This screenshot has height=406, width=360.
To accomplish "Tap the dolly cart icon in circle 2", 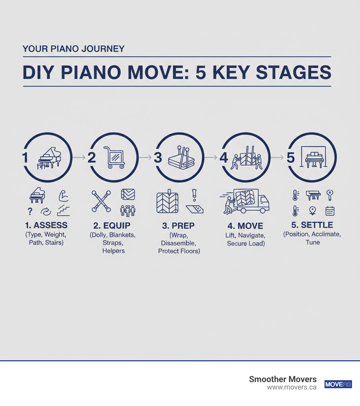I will (x=114, y=158).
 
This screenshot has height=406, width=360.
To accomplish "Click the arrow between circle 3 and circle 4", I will (x=211, y=158).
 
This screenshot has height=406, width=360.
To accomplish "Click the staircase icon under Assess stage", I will (x=63, y=210).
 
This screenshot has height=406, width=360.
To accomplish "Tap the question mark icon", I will (x=31, y=211).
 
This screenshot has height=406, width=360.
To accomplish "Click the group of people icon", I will (x=128, y=211).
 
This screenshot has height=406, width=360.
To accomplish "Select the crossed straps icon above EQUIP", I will (x=102, y=201).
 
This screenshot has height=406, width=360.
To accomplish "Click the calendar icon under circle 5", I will (x=330, y=211).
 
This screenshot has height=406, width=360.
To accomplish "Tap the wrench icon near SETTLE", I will (x=330, y=195).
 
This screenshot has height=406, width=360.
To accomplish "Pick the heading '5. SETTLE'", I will (x=312, y=225).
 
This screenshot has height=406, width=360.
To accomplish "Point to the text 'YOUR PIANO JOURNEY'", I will (x=73, y=49).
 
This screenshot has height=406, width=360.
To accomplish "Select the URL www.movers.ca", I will (x=291, y=387).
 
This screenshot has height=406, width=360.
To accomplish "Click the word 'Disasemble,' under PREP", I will (x=179, y=243).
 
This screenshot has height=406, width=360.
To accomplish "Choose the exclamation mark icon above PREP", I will (x=194, y=194).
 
